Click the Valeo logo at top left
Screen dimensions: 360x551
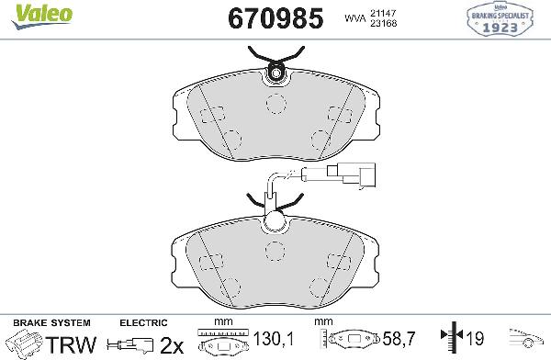pyautogui.click(x=25, y=9)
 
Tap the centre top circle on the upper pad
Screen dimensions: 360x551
pyautogui.click(x=274, y=102)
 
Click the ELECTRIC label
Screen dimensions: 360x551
pyautogui.click(x=143, y=323)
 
